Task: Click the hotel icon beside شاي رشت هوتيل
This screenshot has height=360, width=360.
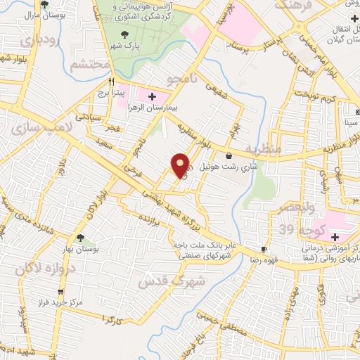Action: (x=229, y=155)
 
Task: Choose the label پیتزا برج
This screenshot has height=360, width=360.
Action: (x=110, y=91)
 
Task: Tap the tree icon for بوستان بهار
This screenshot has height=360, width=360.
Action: (x=79, y=238)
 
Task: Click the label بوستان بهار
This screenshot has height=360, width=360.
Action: (x=79, y=250)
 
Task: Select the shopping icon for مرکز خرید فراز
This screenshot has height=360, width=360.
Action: (x=60, y=291)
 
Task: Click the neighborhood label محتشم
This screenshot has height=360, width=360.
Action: (x=91, y=66)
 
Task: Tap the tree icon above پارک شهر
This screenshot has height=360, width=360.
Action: (x=124, y=33)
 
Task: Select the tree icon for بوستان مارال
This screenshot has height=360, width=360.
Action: (x=44, y=4)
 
